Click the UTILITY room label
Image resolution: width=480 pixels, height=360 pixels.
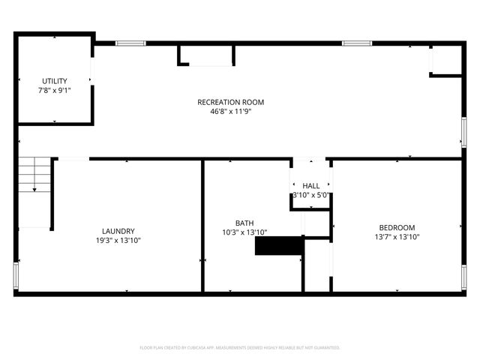54,81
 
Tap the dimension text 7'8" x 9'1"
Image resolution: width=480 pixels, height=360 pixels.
54,90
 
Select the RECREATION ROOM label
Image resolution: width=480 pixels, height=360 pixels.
230,102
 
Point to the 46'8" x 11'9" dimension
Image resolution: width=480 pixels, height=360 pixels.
230,111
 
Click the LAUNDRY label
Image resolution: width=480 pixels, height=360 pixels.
118,231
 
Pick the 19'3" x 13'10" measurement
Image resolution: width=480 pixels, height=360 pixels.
118,240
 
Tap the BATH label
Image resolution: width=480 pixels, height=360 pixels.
244,223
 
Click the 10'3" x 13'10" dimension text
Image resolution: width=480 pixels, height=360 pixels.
244,232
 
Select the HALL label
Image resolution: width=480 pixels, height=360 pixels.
310,185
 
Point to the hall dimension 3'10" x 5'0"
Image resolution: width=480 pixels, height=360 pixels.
310,195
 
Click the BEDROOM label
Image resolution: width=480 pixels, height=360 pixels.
396,227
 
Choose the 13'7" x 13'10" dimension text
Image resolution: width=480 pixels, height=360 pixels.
396,237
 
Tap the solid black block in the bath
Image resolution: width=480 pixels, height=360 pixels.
278,246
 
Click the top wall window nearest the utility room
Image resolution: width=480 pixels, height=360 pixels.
129,43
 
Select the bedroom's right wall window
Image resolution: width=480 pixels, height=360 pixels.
463,276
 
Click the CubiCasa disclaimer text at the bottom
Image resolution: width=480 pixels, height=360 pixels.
240,348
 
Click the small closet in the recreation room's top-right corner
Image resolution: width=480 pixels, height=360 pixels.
445,60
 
